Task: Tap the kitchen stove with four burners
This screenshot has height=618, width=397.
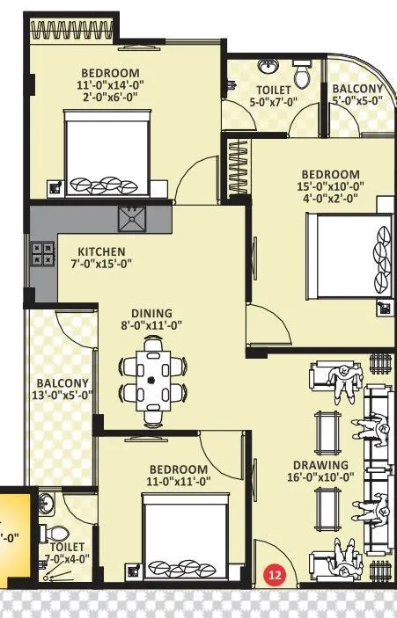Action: pos(42,255)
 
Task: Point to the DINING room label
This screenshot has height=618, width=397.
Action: pos(151,312)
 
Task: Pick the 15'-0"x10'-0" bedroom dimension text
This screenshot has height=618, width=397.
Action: pos(330,188)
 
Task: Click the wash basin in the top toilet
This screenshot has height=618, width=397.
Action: pos(268,66)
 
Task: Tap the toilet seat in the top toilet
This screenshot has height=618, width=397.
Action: pos(302,76)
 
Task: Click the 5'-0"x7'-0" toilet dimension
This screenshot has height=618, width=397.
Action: pos(275,102)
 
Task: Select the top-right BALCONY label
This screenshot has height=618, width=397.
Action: pos(357,89)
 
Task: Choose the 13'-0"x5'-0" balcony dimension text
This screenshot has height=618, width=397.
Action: pos(62,396)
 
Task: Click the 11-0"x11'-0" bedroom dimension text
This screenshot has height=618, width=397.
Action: pos(178,482)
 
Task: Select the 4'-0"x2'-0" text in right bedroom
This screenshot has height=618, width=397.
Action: pos(330,201)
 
